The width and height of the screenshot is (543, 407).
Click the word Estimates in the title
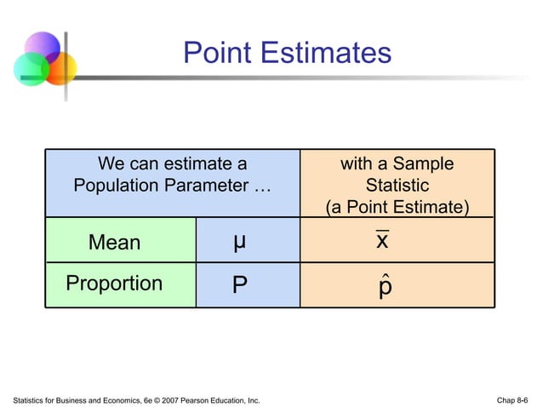pyautogui.click(x=325, y=54)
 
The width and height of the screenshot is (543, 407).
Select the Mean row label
pyautogui.click(x=114, y=243)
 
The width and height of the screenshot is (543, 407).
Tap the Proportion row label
pyautogui.click(x=114, y=284)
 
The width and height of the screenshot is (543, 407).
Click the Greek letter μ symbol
pyautogui.click(x=240, y=242)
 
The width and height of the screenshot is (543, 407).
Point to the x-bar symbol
pyautogui.click(x=383, y=241)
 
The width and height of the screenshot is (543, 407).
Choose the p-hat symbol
pyautogui.click(x=385, y=285)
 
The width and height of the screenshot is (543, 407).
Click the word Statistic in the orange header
pyautogui.click(x=397, y=185)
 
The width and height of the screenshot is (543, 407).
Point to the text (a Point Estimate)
pyautogui.click(x=397, y=207)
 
